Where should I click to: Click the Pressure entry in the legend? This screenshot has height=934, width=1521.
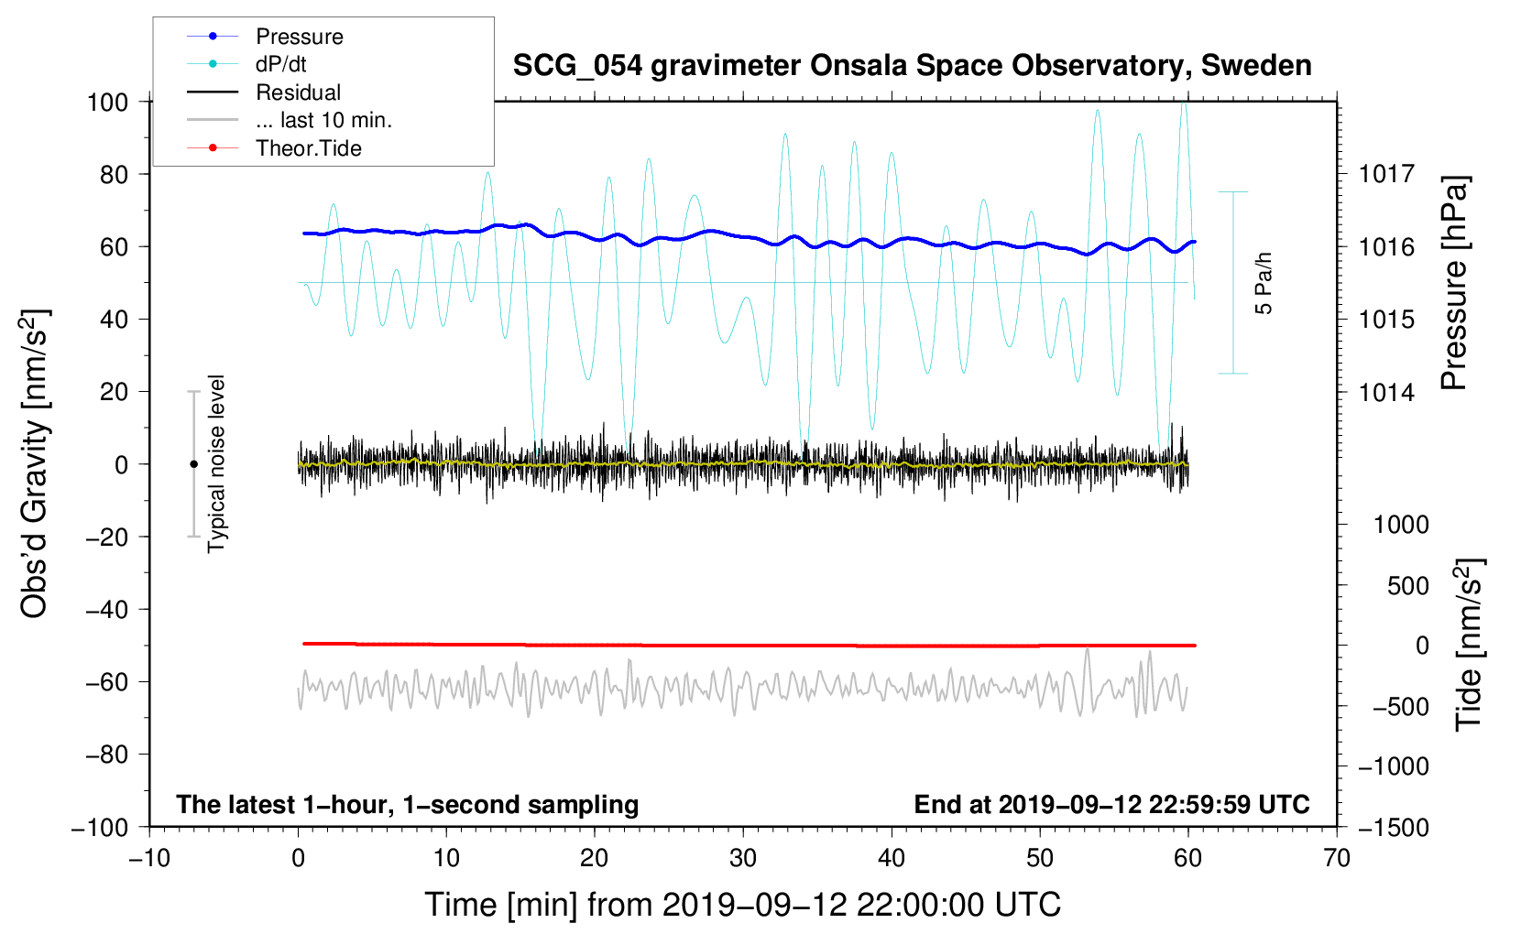click(x=299, y=37)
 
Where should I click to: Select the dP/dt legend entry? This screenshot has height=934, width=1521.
click(x=280, y=64)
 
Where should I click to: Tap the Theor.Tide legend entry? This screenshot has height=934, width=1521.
click(x=308, y=148)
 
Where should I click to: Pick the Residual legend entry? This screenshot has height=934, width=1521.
click(x=298, y=92)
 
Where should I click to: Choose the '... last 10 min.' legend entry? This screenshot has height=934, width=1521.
click(x=323, y=120)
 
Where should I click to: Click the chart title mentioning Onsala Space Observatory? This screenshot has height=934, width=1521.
click(x=912, y=66)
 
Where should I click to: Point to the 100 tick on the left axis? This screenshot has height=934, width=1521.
click(x=107, y=102)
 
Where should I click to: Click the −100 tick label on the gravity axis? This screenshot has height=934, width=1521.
click(x=100, y=827)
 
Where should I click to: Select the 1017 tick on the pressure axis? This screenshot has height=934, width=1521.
click(x=1386, y=174)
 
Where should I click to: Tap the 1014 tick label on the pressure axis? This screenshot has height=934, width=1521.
click(x=1386, y=393)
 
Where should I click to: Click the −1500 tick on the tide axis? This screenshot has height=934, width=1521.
click(x=1393, y=827)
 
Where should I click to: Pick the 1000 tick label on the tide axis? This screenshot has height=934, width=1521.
click(x=1401, y=525)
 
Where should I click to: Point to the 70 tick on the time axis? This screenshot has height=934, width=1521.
click(x=1337, y=858)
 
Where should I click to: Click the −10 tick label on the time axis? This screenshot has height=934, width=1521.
click(x=149, y=858)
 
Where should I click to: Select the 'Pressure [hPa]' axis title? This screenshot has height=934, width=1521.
click(x=1454, y=284)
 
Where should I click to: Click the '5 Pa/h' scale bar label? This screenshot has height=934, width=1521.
click(x=1264, y=283)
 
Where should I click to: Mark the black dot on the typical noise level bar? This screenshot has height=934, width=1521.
click(x=193, y=464)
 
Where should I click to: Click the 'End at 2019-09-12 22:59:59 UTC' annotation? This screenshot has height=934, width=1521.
click(x=1111, y=804)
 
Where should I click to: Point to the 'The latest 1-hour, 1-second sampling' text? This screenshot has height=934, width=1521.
click(x=408, y=804)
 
